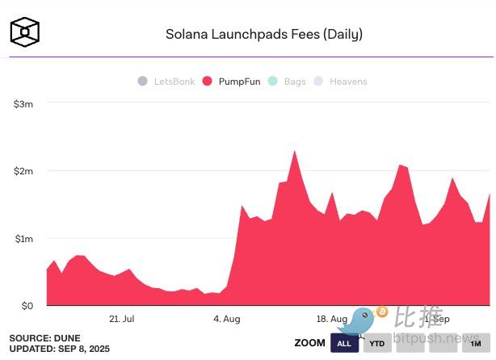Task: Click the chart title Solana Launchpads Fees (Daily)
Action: [x=263, y=34]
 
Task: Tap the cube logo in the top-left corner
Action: [x=24, y=32]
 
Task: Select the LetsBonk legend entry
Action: [x=166, y=82]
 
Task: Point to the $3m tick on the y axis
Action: [x=23, y=103]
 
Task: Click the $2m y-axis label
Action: [x=23, y=171]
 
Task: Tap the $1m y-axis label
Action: [x=23, y=239]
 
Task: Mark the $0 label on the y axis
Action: [x=27, y=306]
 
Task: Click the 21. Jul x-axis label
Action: [x=121, y=319]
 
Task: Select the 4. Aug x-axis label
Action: [x=227, y=319]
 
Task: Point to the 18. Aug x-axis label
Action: [x=332, y=319]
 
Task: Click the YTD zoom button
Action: [x=376, y=343]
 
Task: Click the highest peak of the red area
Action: [x=294, y=152]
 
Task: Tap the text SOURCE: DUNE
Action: [x=44, y=337]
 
